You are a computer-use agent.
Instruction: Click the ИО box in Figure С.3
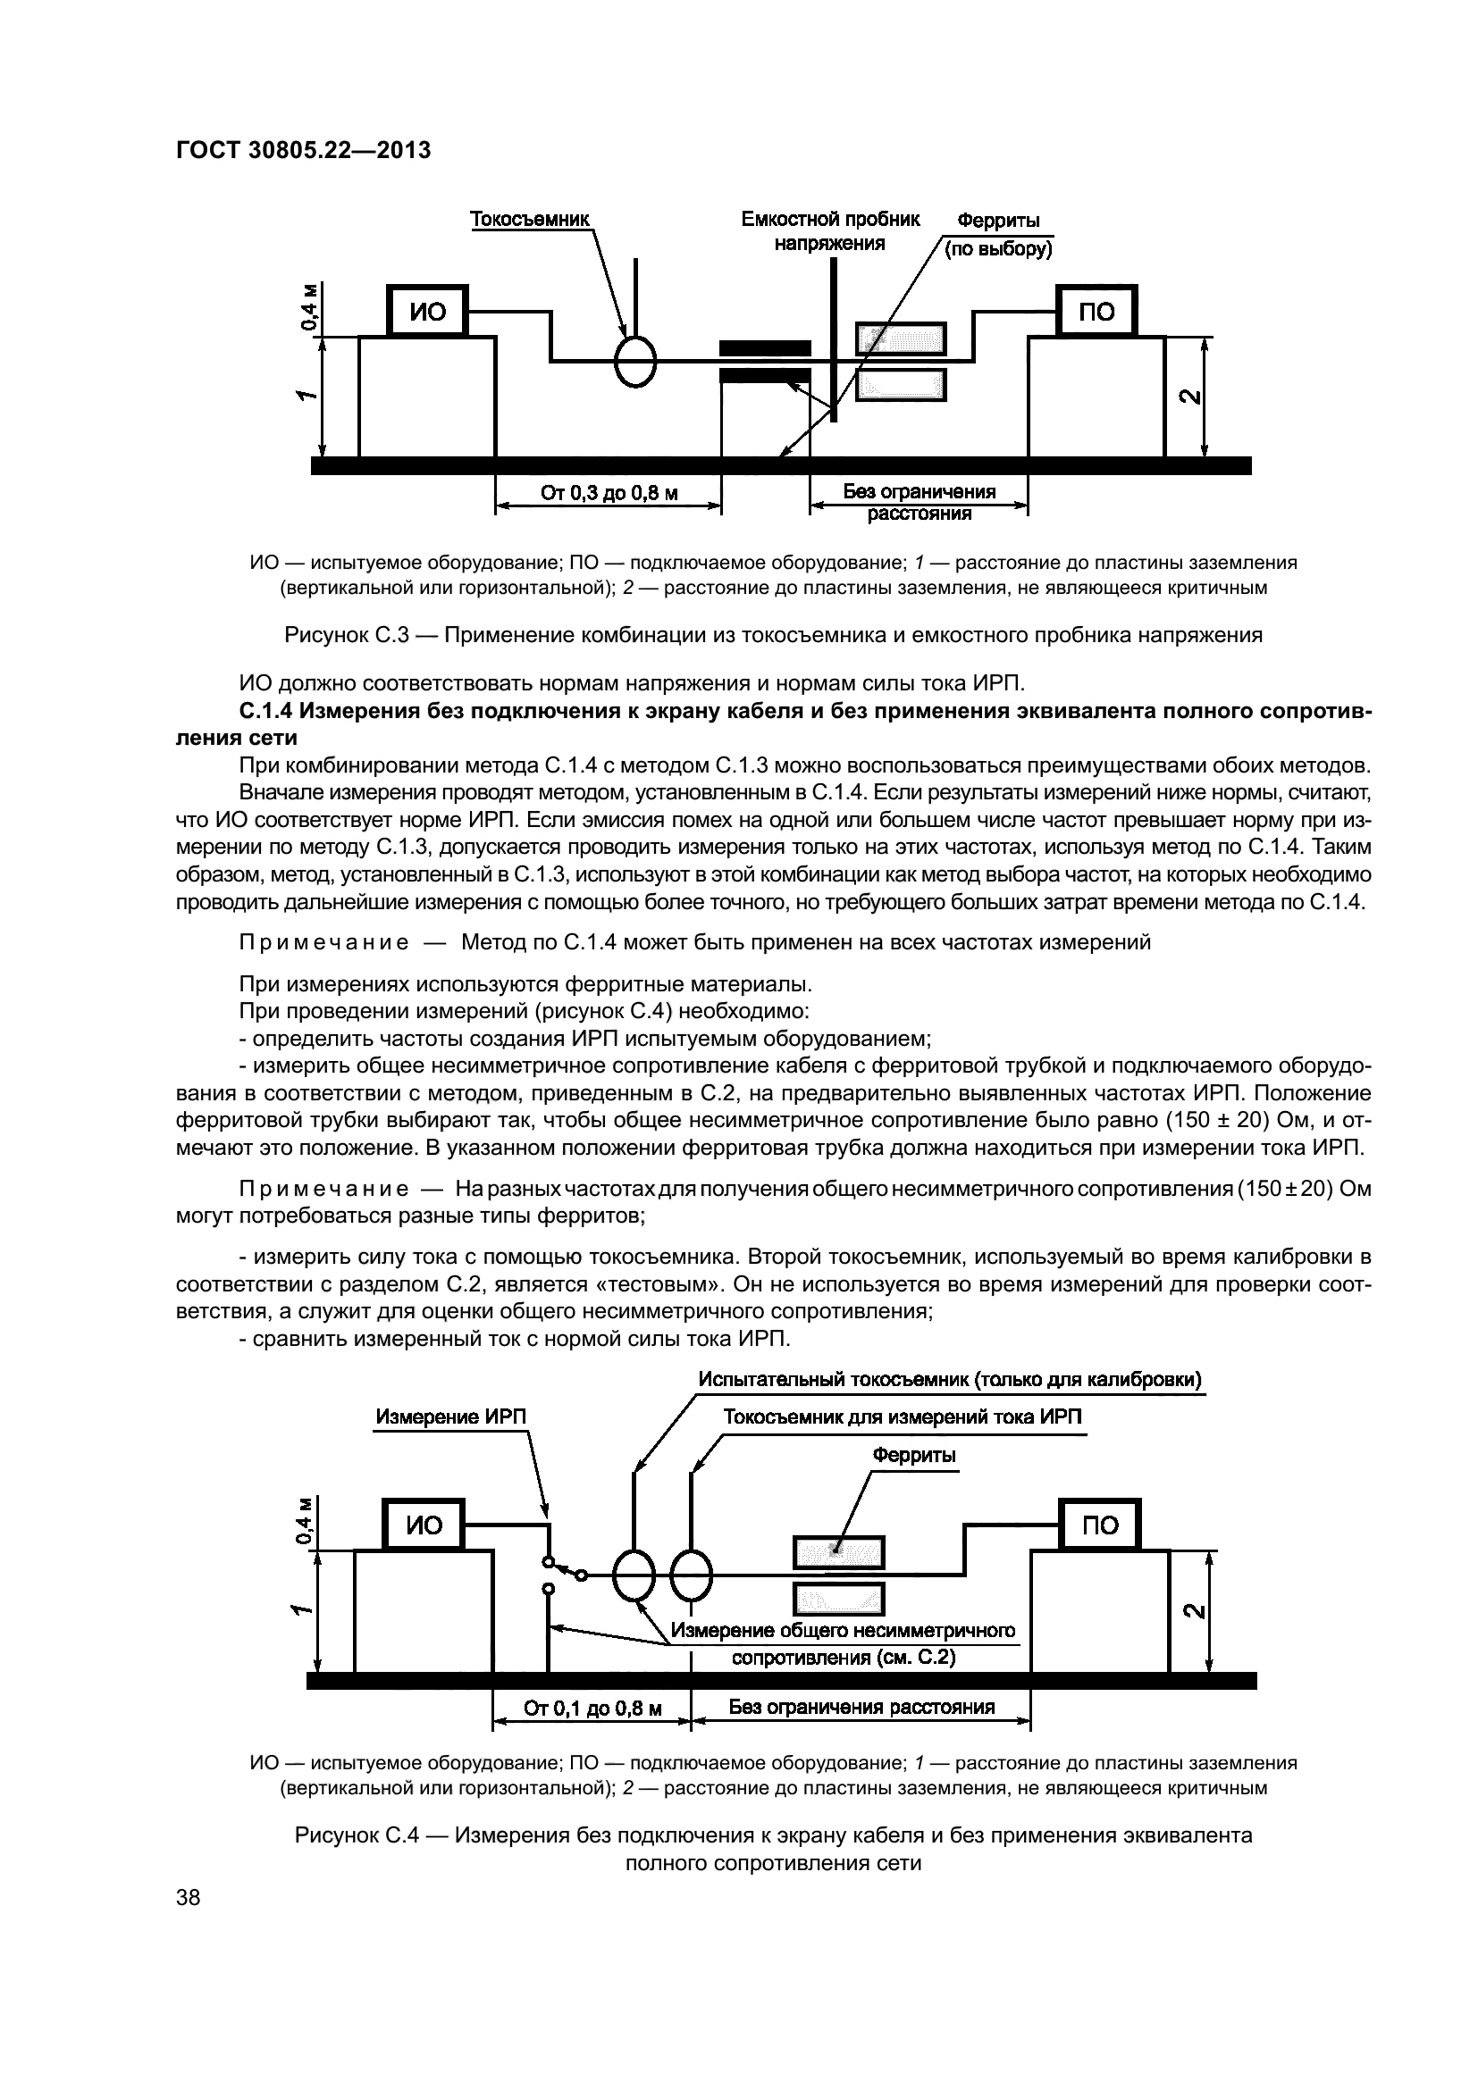pyautogui.click(x=427, y=312)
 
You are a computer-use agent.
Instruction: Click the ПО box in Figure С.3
pyautogui.click(x=1096, y=312)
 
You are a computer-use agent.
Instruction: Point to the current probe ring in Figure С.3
pyautogui.click(x=635, y=362)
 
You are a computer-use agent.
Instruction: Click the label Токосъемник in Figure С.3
pyautogui.click(x=530, y=220)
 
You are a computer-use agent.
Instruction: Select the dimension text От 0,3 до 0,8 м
pyautogui.click(x=609, y=494)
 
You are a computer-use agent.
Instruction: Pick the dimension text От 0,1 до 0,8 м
pyautogui.click(x=592, y=1708)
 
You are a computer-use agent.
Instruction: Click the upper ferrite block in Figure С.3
pyautogui.click(x=900, y=338)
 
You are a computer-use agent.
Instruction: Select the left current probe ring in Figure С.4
pyautogui.click(x=634, y=1575)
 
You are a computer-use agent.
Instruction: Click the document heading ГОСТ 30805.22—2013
pyautogui.click(x=303, y=150)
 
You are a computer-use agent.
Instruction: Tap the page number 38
pyautogui.click(x=189, y=1897)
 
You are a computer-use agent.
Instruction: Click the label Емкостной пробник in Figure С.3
pyautogui.click(x=830, y=220)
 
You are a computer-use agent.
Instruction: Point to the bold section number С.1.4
pyautogui.click(x=265, y=711)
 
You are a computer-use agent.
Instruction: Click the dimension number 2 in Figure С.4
pyautogui.click(x=1190, y=1610)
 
